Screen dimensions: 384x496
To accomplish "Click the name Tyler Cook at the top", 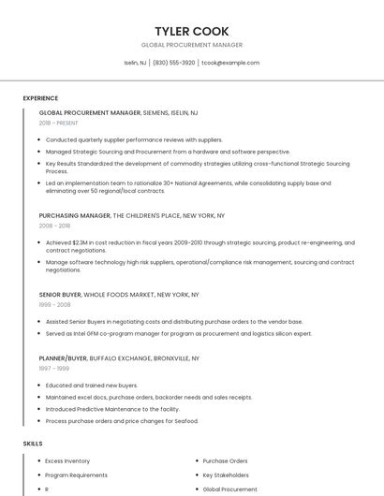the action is [192, 31].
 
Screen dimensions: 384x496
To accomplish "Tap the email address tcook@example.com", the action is [230, 63].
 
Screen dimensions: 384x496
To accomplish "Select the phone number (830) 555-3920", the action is [173, 63].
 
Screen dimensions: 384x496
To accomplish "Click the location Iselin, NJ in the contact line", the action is [136, 63].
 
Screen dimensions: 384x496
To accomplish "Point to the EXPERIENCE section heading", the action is [40, 97].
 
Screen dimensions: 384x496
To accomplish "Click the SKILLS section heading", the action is [32, 443].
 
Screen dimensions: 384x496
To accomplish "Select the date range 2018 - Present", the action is [58, 123].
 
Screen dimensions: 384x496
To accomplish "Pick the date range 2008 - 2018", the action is [54, 226].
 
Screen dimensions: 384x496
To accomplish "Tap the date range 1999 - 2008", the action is [54, 304].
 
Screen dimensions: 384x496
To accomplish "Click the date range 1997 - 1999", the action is [53, 368].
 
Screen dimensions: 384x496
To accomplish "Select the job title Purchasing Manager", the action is [75, 215].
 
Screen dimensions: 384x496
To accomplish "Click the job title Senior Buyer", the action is [61, 294].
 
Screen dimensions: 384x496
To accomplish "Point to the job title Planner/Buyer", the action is [64, 357].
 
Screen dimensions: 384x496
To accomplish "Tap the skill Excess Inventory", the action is [67, 460].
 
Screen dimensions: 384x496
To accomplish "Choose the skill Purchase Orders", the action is [225, 460].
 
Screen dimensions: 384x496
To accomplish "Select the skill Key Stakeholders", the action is [226, 474].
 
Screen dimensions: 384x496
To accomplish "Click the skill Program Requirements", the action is [76, 474].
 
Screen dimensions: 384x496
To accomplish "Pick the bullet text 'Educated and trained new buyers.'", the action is [92, 385].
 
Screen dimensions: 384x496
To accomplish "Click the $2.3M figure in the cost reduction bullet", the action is [92, 242].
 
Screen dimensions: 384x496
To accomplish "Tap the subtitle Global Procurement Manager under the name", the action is [192, 45].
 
